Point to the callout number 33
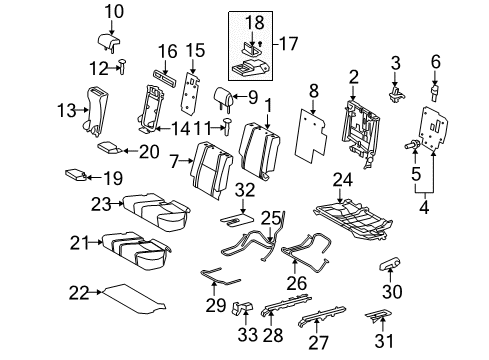pos(240,339)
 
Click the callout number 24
pos(342,181)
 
